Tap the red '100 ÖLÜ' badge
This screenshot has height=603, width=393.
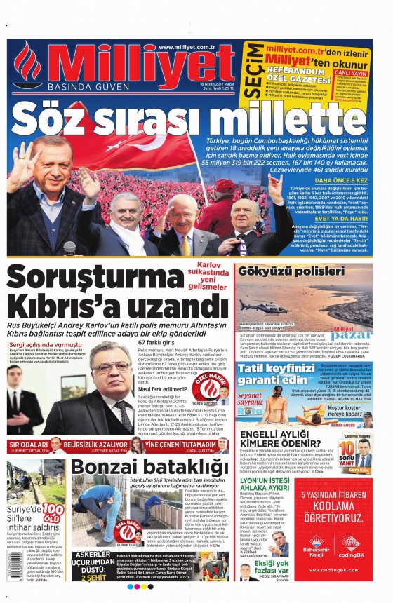[53, 510]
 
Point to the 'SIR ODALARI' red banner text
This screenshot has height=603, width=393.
[27, 445]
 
